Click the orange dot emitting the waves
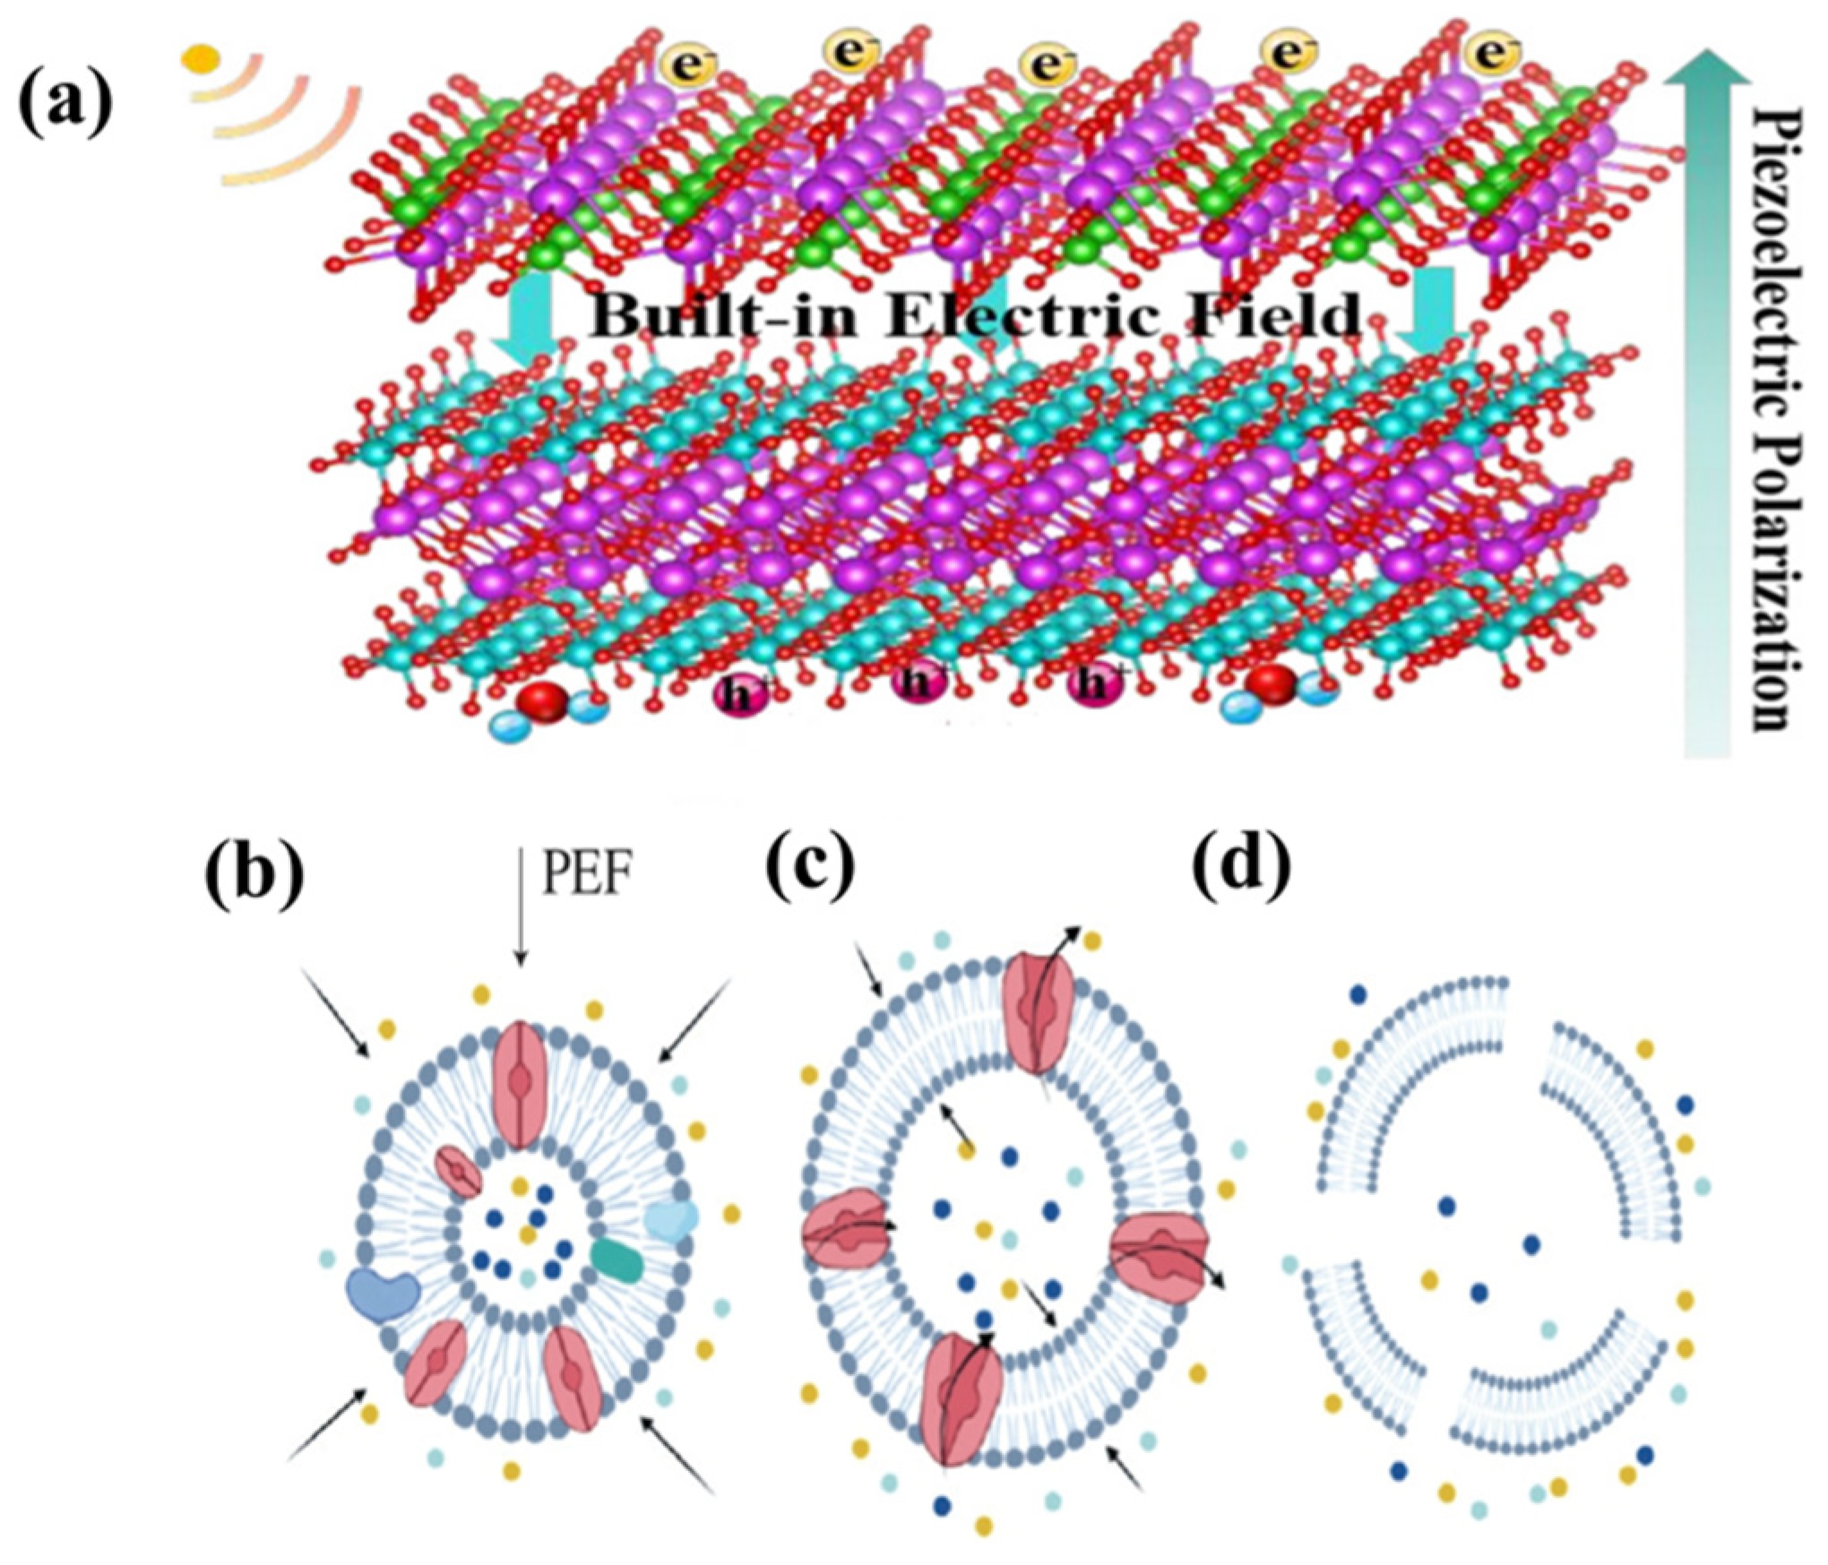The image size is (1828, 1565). (x=199, y=59)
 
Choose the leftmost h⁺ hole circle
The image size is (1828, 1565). (x=737, y=696)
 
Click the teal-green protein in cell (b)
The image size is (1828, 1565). (x=617, y=1260)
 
